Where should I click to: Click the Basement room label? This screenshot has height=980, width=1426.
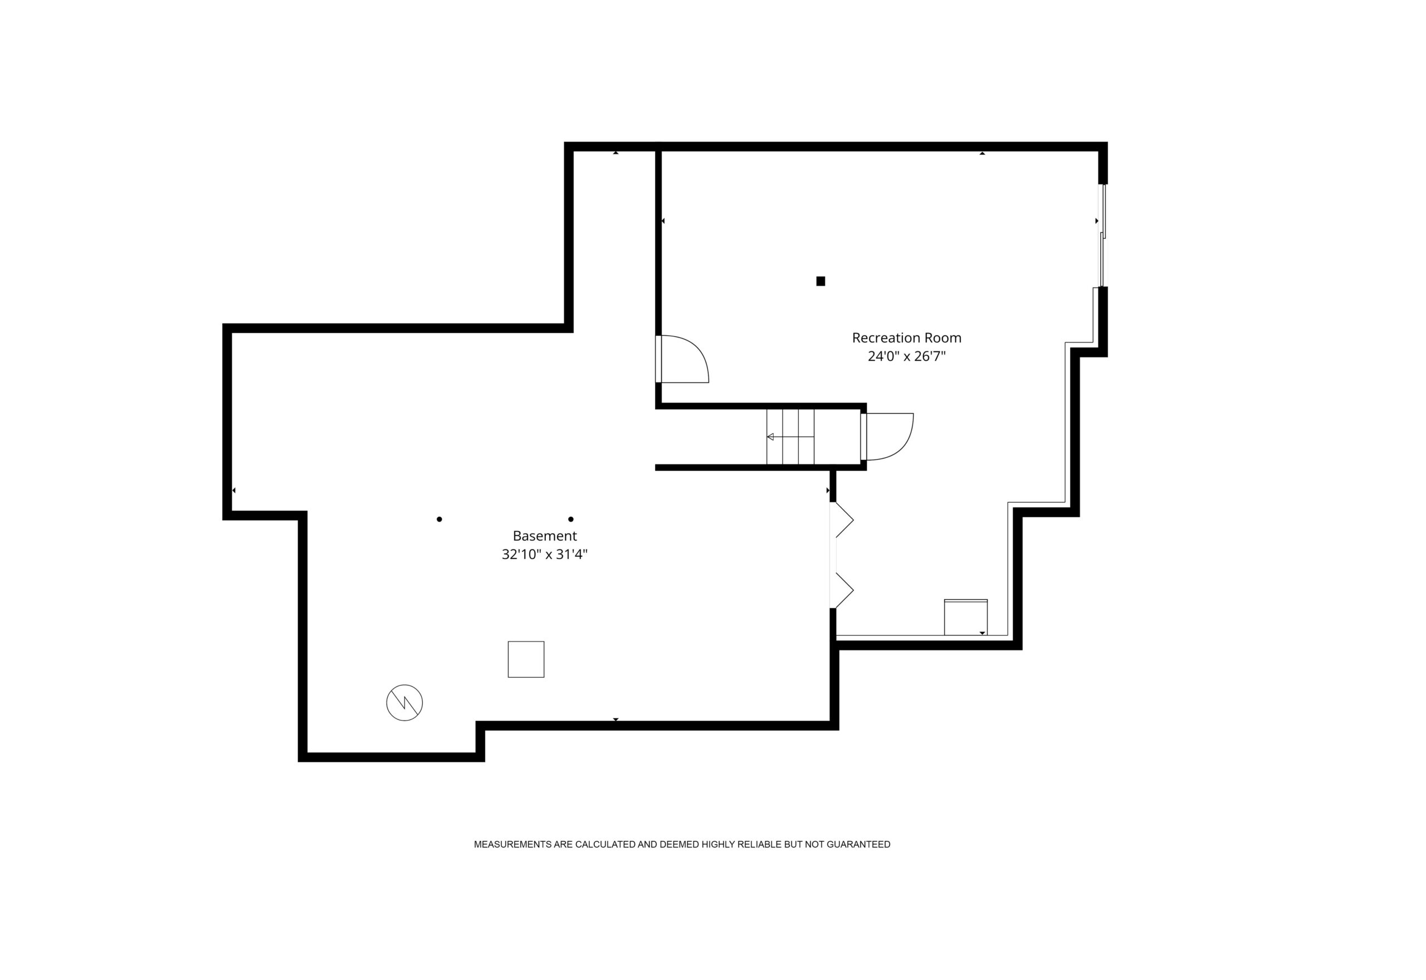tap(545, 536)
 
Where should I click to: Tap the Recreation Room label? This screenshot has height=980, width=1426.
tap(906, 338)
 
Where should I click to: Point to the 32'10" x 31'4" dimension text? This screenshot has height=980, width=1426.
tap(545, 555)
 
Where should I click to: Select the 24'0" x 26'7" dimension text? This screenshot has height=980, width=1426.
tap(906, 356)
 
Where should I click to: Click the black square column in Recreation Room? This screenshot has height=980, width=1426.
tap(821, 281)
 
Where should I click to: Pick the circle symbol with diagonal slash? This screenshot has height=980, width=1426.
tap(404, 703)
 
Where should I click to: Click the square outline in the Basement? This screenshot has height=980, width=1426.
tap(526, 659)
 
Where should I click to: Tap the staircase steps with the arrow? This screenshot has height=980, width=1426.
tap(790, 437)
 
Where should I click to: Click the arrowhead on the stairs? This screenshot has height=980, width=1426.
tap(770, 437)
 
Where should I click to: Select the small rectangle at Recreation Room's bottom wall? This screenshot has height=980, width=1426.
tap(965, 617)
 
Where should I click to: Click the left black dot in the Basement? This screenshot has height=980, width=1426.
tap(439, 520)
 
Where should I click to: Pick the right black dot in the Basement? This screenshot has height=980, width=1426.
tap(570, 520)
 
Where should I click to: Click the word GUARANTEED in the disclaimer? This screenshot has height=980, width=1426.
tap(858, 844)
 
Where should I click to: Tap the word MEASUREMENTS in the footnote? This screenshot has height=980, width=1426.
tap(513, 844)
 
